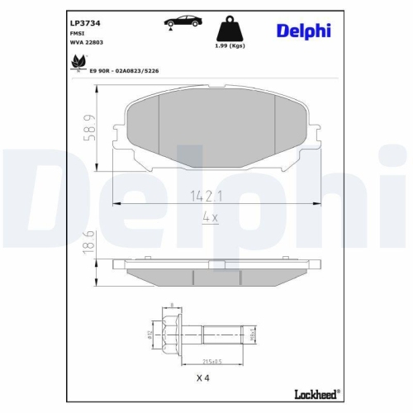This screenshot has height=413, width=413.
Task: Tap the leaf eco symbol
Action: click(x=79, y=61)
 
